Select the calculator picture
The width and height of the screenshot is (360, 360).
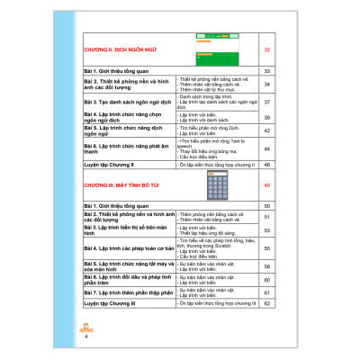point(216,186)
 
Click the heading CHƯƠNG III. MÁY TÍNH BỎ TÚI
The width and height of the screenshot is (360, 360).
point(123,186)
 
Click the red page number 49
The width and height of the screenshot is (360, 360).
point(266,186)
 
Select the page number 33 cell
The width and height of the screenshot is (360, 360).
point(266,70)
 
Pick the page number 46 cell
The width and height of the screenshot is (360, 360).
point(266,166)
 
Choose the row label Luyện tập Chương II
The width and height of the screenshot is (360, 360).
point(109,166)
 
